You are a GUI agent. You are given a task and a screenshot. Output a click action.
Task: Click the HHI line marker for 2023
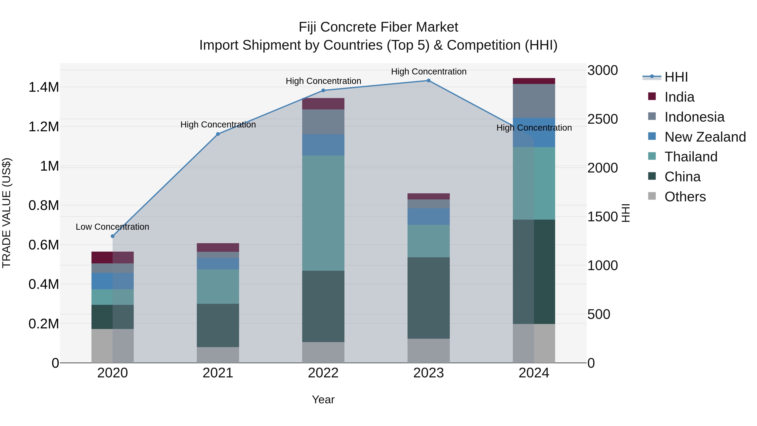429,81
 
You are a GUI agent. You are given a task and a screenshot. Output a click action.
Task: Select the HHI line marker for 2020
112,236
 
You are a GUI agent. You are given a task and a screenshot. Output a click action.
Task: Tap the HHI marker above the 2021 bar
218,134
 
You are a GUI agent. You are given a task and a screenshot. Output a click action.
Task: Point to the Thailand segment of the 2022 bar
323,213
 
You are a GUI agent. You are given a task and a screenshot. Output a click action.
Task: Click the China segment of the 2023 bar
429,298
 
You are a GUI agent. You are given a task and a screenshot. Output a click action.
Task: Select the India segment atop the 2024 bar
534,81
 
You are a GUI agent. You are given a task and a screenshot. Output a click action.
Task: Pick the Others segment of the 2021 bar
218,355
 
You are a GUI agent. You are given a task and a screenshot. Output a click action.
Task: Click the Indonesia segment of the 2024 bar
534,101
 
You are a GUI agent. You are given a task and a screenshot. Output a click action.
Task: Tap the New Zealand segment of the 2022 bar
323,145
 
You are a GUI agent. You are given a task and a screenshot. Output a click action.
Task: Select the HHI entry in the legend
676,77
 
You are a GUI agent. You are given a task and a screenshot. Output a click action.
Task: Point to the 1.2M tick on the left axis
44,127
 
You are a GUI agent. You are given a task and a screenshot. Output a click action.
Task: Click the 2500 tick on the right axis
602,119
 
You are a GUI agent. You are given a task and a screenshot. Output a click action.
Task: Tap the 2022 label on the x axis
323,373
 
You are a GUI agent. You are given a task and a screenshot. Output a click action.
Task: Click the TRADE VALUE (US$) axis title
7,213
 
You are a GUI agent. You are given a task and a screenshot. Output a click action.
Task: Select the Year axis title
323,399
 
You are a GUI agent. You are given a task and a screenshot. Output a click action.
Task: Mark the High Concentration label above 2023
429,72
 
